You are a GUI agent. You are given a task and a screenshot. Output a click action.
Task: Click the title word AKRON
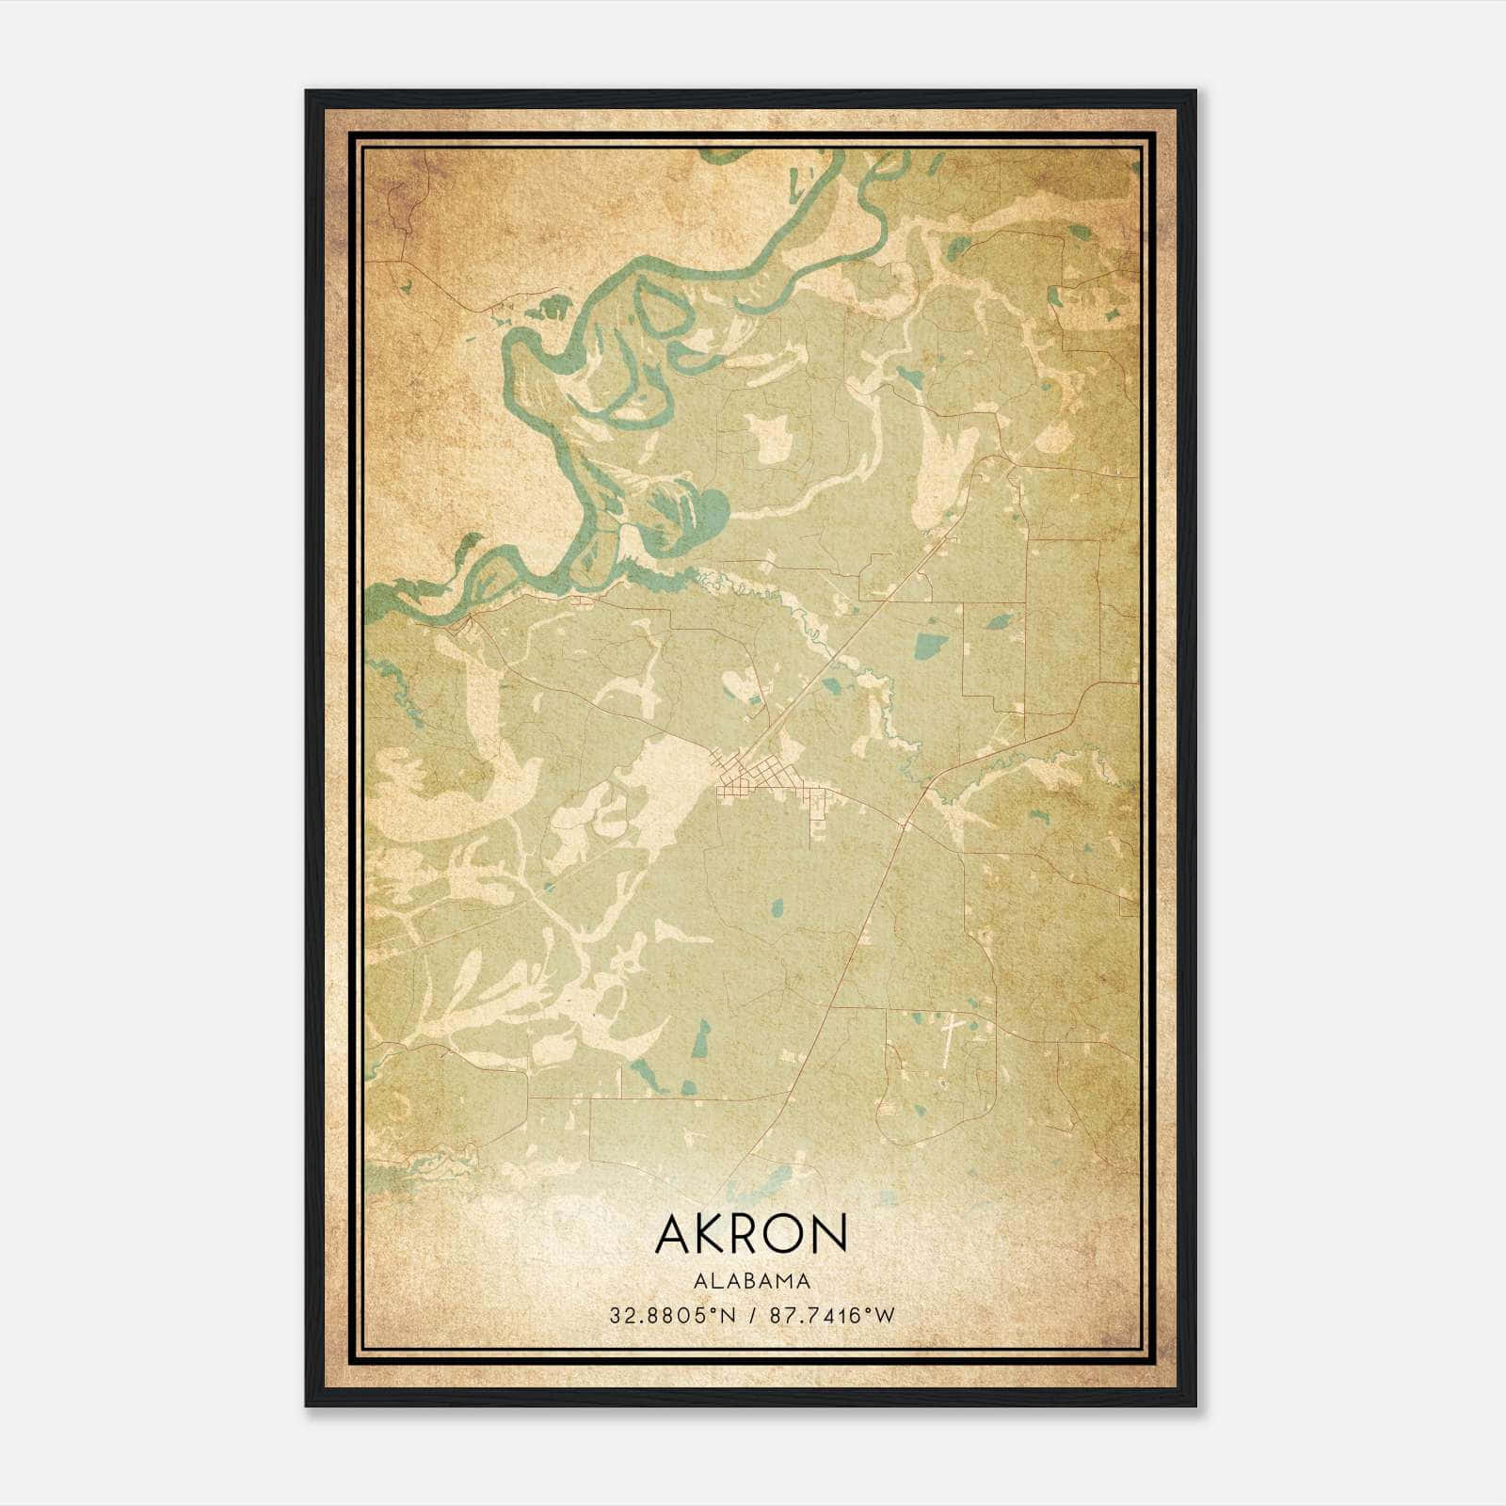point(751,1233)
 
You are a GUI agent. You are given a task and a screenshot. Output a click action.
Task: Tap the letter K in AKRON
point(708,1233)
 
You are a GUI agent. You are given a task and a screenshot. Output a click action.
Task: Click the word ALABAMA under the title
point(751,1280)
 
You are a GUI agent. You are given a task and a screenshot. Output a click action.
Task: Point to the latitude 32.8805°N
point(670,1316)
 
